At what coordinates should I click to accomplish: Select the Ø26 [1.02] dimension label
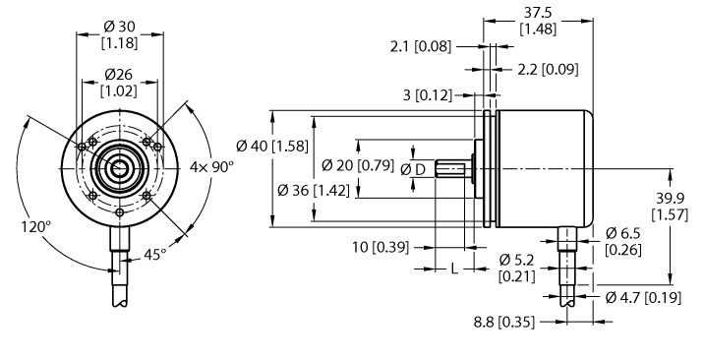[x=120, y=83]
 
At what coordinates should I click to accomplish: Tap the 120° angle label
[x=34, y=226]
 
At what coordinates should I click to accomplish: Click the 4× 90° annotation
[x=211, y=167]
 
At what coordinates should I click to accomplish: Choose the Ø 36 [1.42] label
[x=308, y=189]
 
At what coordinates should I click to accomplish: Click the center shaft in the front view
[x=119, y=168]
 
